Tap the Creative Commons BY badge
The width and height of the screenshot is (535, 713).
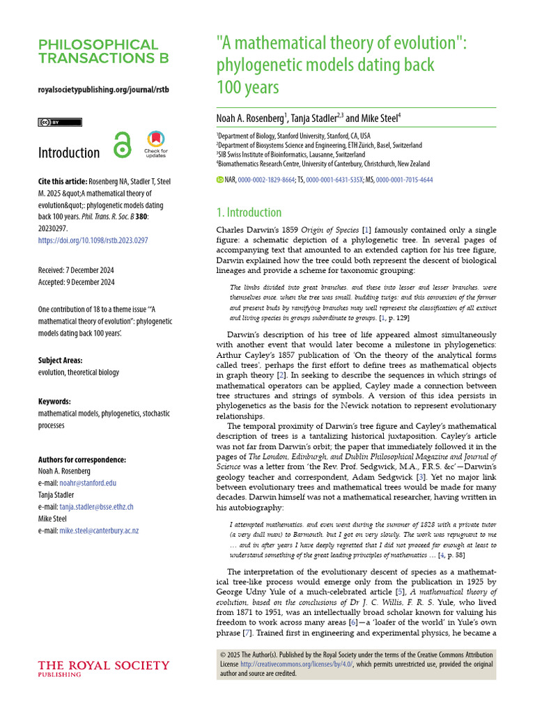59,122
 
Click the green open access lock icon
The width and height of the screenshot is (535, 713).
122,147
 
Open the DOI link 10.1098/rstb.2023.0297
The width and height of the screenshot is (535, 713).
93,240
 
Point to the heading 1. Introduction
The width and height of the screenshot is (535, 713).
249,212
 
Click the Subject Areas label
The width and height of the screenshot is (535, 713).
61,361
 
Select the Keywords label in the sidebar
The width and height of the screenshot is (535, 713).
55,402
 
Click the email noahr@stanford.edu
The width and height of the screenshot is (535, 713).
86,483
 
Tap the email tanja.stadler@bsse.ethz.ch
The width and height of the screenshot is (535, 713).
95,507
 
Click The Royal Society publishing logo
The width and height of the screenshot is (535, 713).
103,668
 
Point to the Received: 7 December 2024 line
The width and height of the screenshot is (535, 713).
76,270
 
